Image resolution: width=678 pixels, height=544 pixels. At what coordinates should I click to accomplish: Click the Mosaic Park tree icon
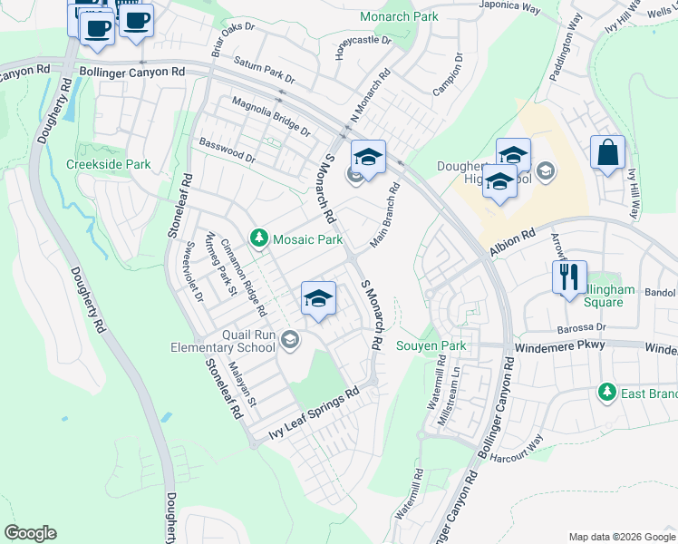pyautogui.click(x=259, y=238)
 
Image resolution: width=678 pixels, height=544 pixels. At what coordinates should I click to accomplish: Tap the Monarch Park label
pyautogui.click(x=399, y=16)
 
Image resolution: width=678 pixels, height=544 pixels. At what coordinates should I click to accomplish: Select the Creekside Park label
pyautogui.click(x=108, y=165)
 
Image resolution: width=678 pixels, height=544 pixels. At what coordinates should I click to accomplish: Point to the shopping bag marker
pyautogui.click(x=607, y=153)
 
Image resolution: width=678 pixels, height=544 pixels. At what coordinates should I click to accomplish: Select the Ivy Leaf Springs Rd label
pyautogui.click(x=314, y=416)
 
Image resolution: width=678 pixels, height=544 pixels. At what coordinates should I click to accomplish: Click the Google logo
pyautogui.click(x=31, y=533)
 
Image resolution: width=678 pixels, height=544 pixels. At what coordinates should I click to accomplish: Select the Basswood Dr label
pyautogui.click(x=227, y=150)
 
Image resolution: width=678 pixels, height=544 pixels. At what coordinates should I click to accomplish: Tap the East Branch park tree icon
pyautogui.click(x=605, y=393)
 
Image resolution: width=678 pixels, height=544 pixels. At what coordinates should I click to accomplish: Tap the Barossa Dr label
pyautogui.click(x=582, y=326)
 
